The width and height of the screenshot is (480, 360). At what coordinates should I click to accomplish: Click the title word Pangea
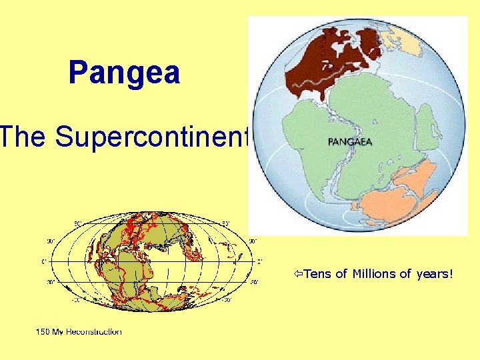click(124, 73)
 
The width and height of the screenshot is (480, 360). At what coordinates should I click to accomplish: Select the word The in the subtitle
click(24, 137)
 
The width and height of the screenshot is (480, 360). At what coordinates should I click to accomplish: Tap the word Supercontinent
click(153, 137)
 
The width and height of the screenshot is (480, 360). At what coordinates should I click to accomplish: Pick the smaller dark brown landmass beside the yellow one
click(369, 47)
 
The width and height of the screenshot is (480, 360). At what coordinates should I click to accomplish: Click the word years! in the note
click(431, 273)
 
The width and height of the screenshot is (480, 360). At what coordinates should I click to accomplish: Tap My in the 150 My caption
click(60, 331)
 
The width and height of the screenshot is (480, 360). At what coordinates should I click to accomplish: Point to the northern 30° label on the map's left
click(50, 241)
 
